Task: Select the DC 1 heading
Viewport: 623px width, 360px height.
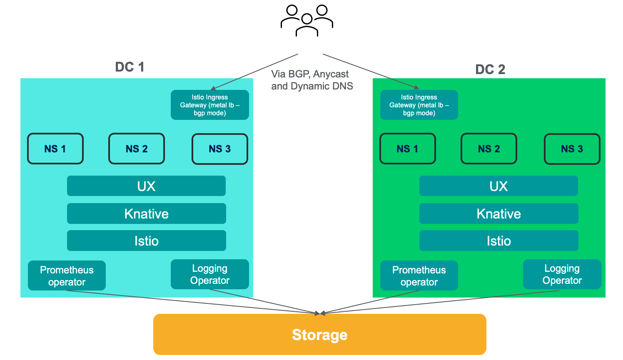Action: tap(130, 67)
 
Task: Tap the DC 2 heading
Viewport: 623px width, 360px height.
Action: tap(490, 70)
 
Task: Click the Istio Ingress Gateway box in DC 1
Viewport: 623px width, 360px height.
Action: tap(209, 105)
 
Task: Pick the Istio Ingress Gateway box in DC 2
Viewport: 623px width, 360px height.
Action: tap(419, 105)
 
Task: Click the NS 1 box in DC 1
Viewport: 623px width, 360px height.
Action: tap(55, 149)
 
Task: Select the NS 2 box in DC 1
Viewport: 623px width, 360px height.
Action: tap(137, 149)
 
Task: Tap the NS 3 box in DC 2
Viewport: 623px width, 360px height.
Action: tap(572, 149)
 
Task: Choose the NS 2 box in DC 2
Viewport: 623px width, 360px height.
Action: tap(489, 149)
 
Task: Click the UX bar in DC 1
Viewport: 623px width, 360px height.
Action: tap(146, 186)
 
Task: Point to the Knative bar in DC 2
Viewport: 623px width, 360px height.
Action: tap(498, 214)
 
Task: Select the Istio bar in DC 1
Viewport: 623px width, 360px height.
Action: tap(146, 241)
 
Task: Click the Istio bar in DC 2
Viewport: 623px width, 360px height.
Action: tap(498, 241)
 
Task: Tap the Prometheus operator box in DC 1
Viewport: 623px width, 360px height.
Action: tap(67, 276)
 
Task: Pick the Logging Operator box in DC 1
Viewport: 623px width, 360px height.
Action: tap(209, 274)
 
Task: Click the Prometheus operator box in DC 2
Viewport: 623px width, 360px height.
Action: tap(419, 276)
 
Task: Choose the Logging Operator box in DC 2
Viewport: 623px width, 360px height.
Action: tap(562, 274)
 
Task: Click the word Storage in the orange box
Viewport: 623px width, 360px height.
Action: tap(319, 335)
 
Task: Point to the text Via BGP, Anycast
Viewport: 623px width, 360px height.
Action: tap(310, 74)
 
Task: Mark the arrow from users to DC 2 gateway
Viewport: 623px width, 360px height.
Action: tap(371, 71)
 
